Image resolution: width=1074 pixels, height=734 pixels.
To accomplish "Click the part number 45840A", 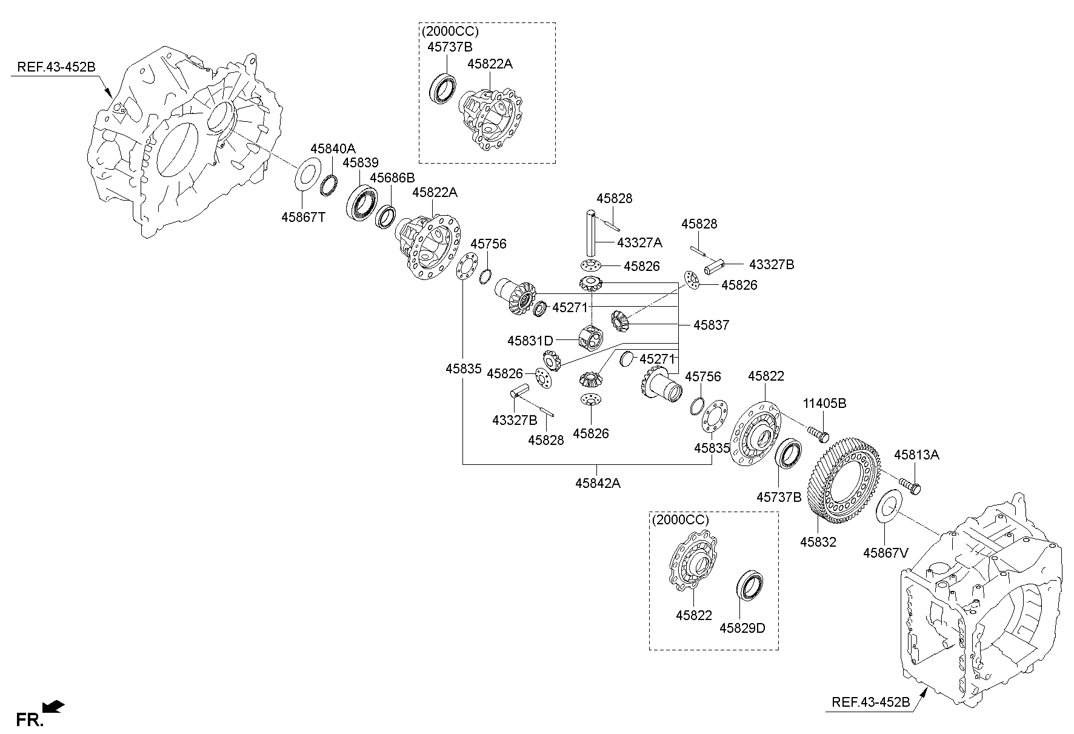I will tap(333, 148).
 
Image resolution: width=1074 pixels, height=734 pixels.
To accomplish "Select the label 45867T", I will tap(303, 216).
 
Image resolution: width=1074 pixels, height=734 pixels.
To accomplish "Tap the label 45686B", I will tap(392, 178).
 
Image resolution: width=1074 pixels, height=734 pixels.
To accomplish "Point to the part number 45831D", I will tap(530, 341).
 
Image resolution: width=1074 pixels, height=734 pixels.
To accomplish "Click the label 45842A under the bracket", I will tap(598, 483).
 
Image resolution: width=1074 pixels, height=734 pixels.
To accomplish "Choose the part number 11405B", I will tap(824, 403).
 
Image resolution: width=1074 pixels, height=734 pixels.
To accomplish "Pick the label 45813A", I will tap(916, 455).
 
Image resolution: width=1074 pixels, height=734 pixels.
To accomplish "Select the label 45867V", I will tap(886, 553).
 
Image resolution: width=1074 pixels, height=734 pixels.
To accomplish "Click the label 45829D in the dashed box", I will tap(742, 628).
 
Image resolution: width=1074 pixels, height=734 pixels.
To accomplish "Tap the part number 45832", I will tap(818, 542).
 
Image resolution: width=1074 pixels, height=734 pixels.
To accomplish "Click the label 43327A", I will tap(639, 242).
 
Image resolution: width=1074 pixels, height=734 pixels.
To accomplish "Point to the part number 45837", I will tap(711, 325).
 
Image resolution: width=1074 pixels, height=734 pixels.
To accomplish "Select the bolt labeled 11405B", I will tap(818, 433).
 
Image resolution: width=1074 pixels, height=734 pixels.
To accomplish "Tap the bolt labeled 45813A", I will tap(910, 485).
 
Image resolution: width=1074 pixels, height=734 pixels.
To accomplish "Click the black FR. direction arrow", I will tap(53, 706).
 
